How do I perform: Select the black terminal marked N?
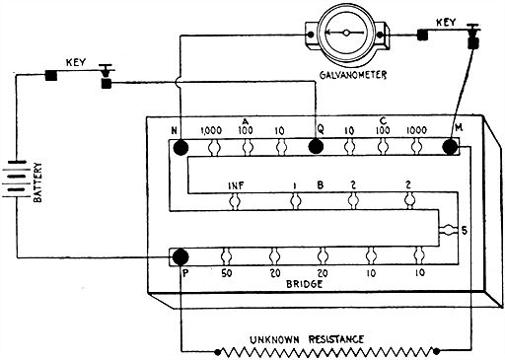coord(181,148)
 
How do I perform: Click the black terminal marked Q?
coord(317,148)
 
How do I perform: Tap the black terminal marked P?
coord(181,258)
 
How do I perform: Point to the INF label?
coord(236,184)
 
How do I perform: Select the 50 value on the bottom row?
coord(227,274)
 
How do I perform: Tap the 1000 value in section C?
coord(414,130)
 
